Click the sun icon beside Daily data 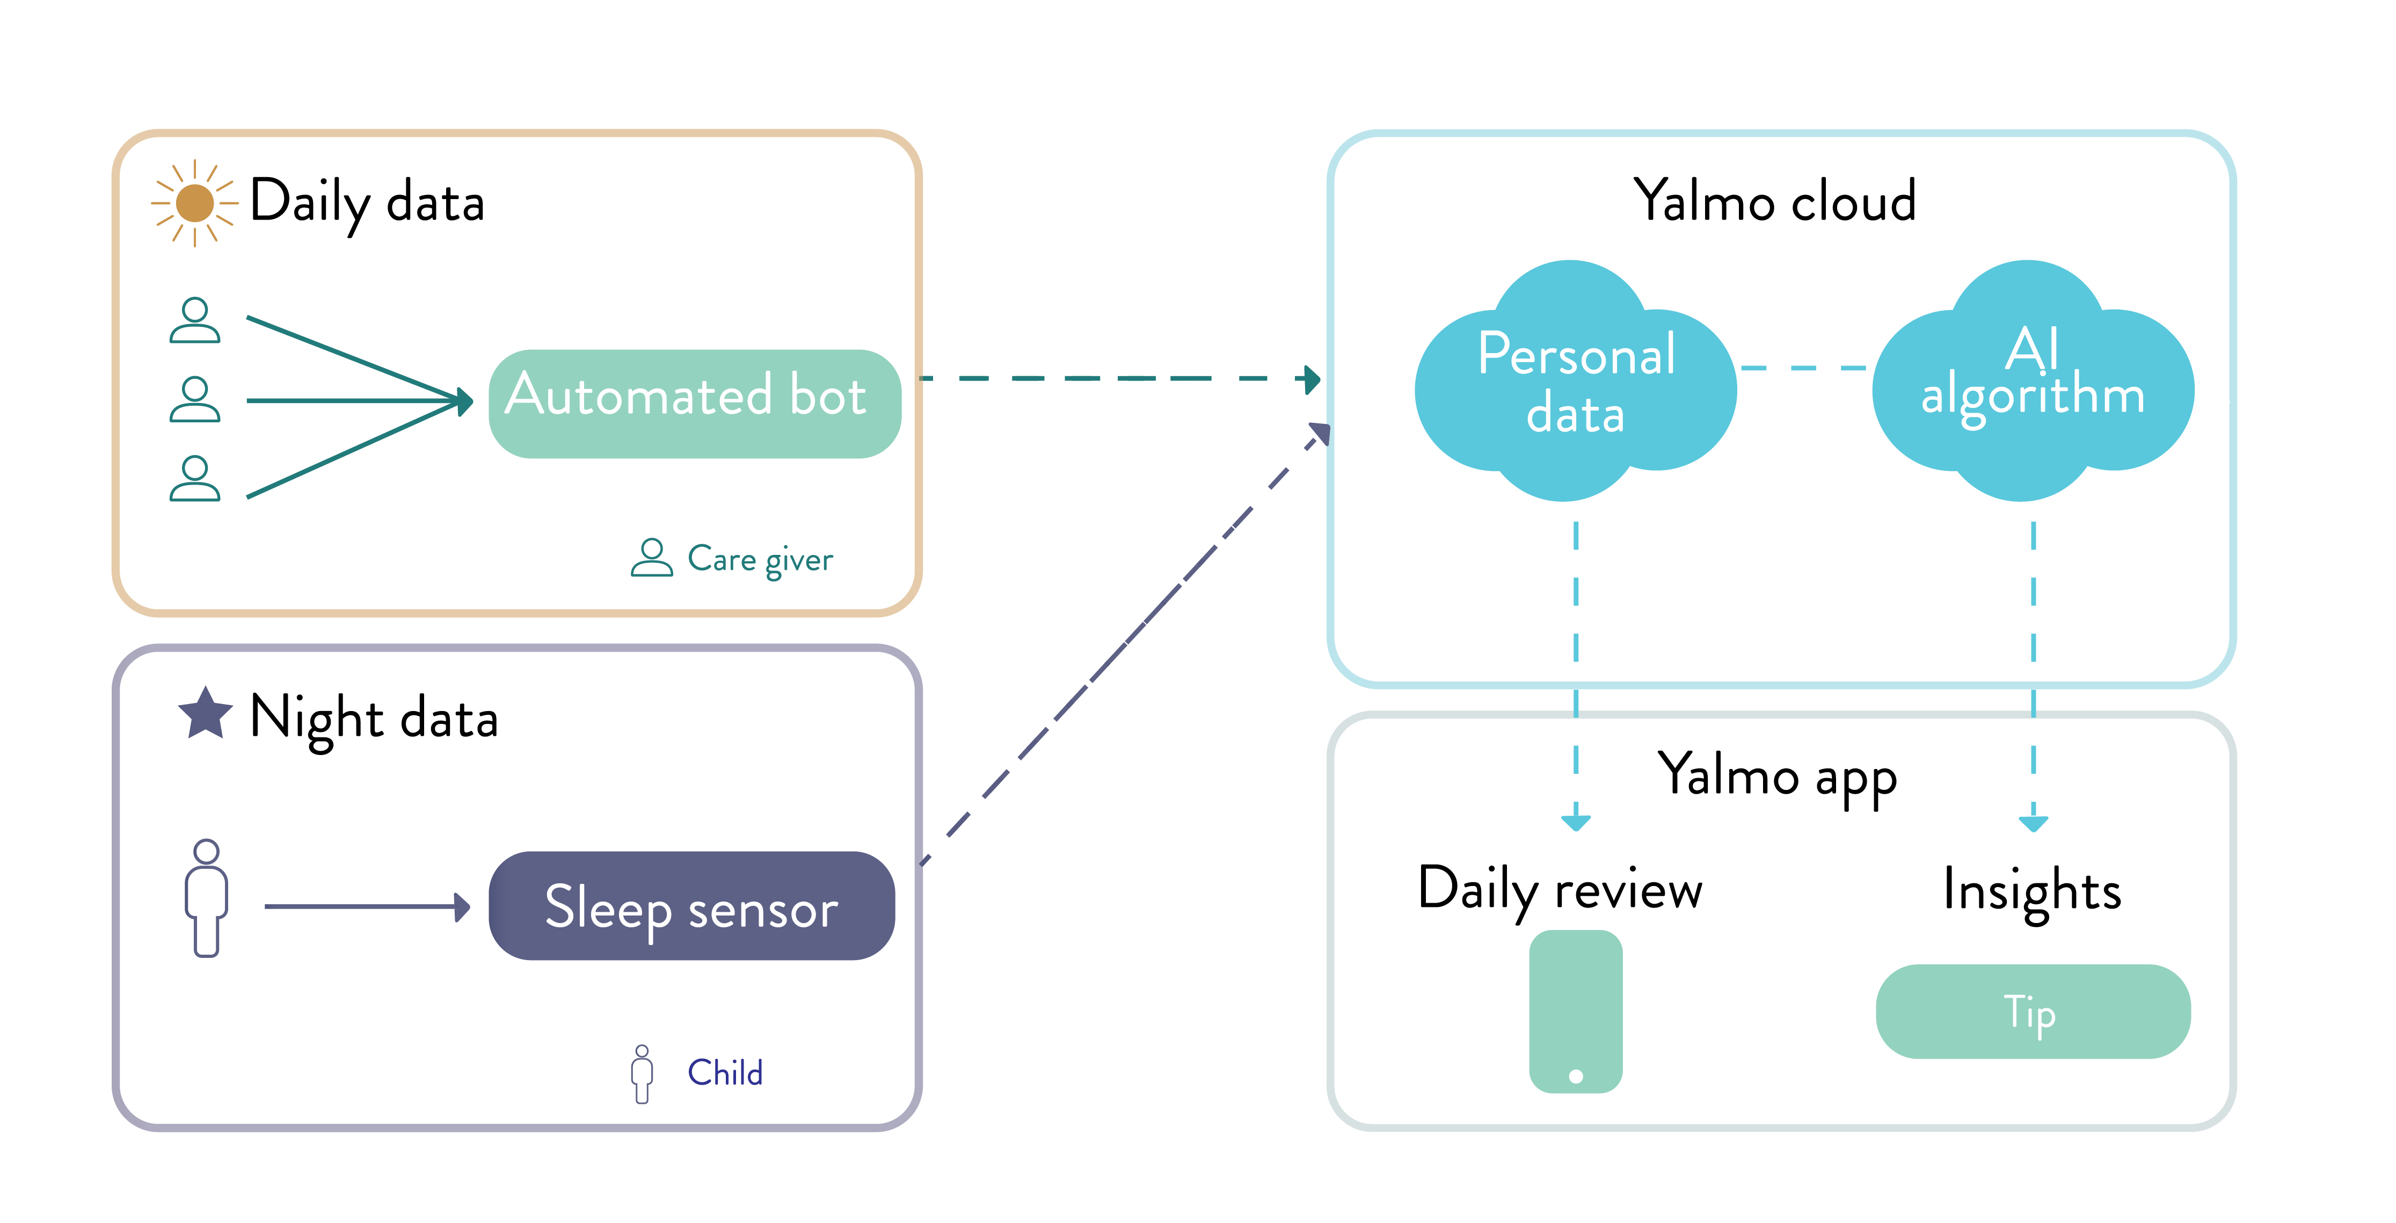pos(194,203)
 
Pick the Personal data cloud pos(1576,382)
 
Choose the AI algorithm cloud pos(2033,382)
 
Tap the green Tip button pos(2033,1012)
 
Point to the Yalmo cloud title pos(1775,201)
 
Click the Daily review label pos(1560,891)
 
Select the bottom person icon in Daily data pos(194,478)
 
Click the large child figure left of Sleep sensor pos(206,897)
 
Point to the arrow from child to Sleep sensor pos(367,906)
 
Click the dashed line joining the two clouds pos(1803,368)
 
